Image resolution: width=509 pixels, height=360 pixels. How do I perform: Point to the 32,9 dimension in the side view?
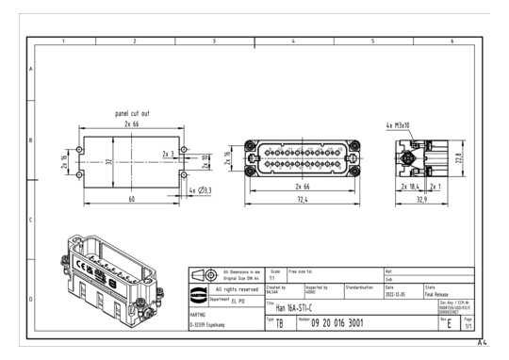tap(422, 202)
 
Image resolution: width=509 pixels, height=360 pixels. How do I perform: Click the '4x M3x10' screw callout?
tap(399, 124)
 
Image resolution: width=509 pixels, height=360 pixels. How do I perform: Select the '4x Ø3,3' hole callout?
tap(202, 190)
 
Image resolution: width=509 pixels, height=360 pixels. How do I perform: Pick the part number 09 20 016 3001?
tap(345, 323)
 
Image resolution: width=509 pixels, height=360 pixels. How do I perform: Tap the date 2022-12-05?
tap(397, 292)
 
